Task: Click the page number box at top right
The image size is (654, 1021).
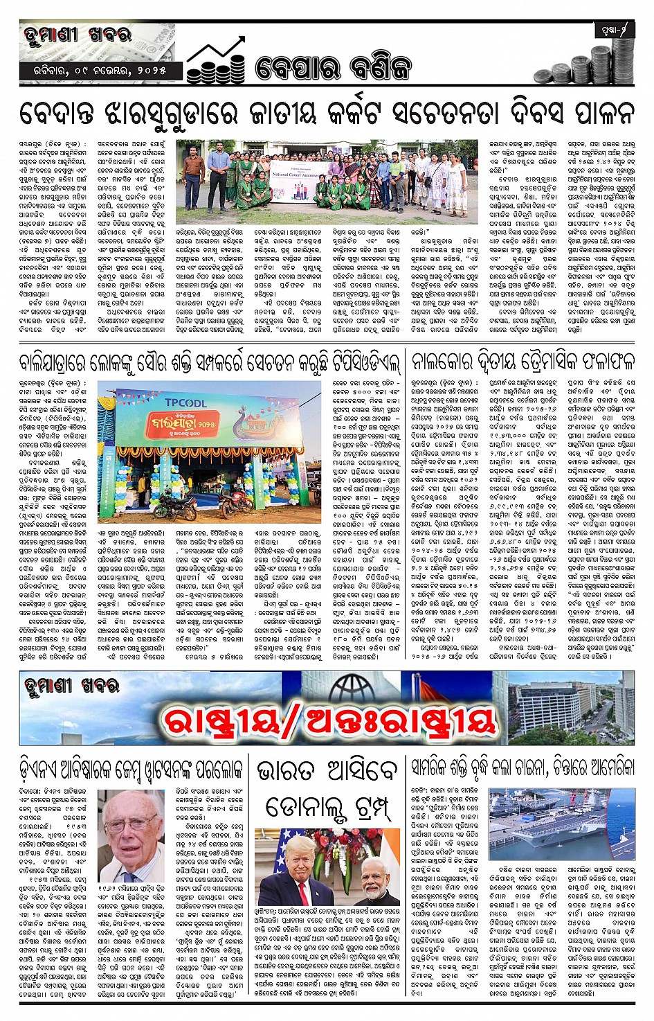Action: coord(613,30)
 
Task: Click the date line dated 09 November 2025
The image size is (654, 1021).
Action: coord(101,71)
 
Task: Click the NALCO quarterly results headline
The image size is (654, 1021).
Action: coord(523,362)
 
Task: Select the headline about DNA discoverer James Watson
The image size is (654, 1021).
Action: coord(131,768)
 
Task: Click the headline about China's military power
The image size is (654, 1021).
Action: coord(523,767)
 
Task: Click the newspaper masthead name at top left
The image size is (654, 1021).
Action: coord(76,35)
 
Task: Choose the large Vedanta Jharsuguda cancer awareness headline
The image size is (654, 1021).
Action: coord(327,112)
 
